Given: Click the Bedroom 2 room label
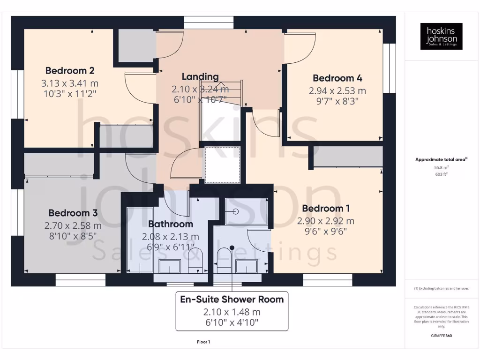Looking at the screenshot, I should (70, 71).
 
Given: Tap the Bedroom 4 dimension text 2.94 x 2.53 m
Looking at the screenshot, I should (337, 90).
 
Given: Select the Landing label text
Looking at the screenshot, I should (200, 76).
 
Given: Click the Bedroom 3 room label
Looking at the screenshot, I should (73, 213).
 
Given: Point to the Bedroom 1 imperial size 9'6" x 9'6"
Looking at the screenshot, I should (325, 231).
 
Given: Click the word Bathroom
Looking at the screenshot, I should (171, 224).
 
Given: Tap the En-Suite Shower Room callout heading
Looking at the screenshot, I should (232, 299).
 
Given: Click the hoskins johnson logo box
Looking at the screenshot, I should (441, 37).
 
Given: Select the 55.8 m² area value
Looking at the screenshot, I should (441, 167).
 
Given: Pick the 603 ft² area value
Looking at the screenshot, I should (441, 174).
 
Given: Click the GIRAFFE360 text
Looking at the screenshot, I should (441, 336).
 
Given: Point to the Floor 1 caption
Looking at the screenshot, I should (203, 342).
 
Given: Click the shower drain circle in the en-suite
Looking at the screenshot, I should (235, 212).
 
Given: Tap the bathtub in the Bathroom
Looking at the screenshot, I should (140, 239).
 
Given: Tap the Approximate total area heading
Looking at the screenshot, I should (441, 159).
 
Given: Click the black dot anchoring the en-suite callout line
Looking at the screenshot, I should (232, 247).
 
